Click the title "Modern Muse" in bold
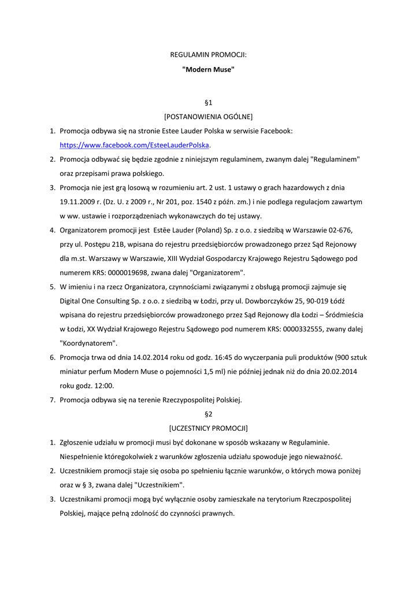pyautogui.click(x=208, y=69)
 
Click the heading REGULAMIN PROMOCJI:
pyautogui.click(x=208, y=55)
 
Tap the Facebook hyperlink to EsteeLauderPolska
pyautogui.click(x=135, y=145)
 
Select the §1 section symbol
pyautogui.click(x=209, y=102)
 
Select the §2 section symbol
pyautogui.click(x=209, y=414)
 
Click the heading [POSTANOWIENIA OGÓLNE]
pyautogui.click(x=208, y=117)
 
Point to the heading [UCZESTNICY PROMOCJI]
pyautogui.click(x=208, y=428)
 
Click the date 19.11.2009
pyautogui.click(x=79, y=202)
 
